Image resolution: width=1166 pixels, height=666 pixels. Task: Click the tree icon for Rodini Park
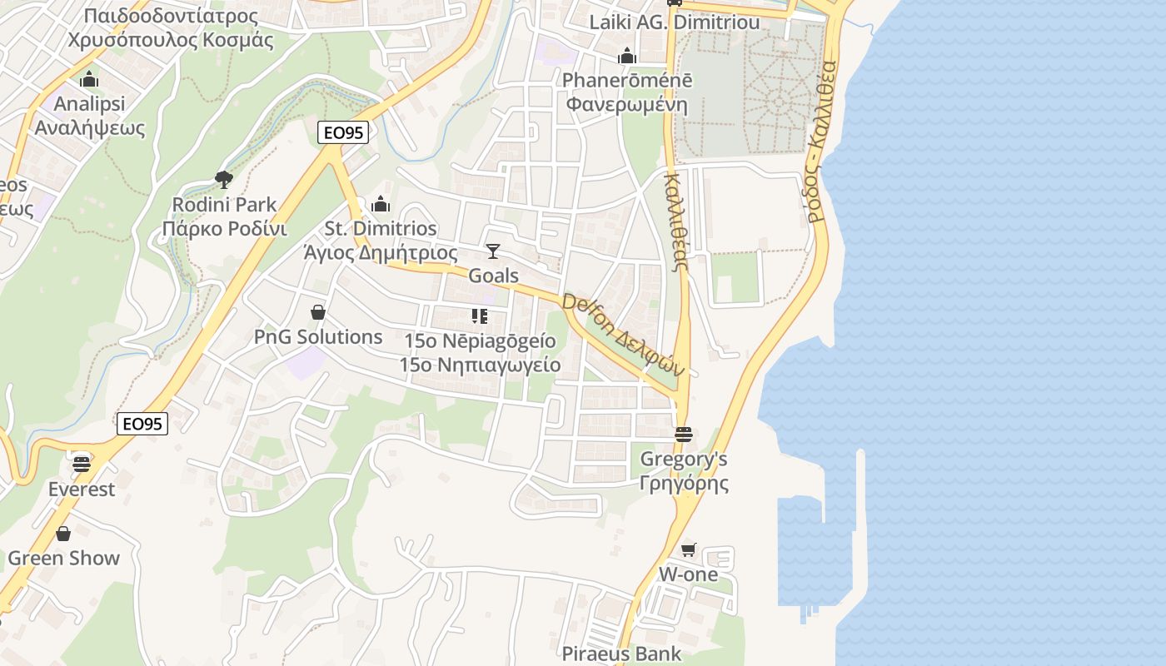(223, 178)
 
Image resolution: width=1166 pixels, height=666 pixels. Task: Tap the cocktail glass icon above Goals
(493, 251)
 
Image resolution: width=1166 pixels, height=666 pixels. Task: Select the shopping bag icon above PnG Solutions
(317, 312)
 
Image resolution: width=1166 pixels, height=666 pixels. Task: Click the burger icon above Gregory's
(684, 434)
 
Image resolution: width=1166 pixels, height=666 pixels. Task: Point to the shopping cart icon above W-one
(688, 549)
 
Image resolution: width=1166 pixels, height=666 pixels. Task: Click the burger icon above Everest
(81, 463)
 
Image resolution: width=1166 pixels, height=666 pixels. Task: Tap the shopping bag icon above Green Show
(63, 534)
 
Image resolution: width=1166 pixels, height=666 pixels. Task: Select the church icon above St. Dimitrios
(381, 203)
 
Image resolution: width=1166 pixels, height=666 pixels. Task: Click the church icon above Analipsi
(89, 80)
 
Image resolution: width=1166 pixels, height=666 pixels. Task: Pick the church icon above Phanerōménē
(627, 56)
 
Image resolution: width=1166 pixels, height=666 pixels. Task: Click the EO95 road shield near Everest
(142, 424)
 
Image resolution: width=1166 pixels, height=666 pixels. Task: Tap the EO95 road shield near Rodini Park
(342, 132)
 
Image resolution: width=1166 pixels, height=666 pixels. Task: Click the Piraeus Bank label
(621, 654)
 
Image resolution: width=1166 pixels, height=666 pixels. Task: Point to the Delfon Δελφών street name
(623, 334)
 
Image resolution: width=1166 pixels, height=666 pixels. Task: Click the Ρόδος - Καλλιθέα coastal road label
(820, 141)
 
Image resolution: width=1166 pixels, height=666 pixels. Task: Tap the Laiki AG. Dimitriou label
(675, 22)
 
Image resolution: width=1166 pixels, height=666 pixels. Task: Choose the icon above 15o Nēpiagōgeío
(479, 316)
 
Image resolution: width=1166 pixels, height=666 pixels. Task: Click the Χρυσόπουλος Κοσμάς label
(171, 40)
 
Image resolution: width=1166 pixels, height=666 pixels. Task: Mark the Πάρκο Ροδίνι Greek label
(224, 229)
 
